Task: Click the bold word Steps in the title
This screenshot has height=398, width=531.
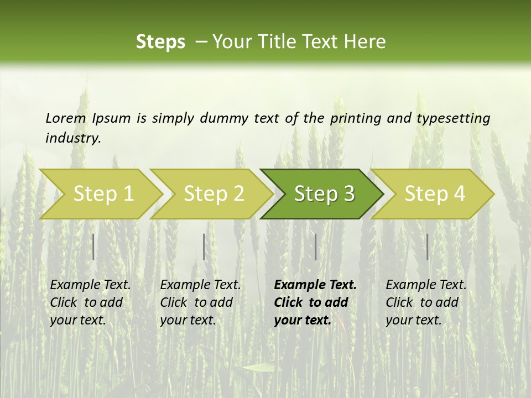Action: (160, 41)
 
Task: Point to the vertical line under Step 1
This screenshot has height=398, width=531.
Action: (93, 247)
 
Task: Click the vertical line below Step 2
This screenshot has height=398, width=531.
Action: (204, 247)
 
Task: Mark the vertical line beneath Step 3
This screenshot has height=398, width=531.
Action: (315, 247)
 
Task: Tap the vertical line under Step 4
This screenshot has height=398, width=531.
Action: (427, 247)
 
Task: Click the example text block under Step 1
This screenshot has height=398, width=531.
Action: (90, 302)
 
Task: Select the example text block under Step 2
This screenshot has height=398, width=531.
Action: (200, 302)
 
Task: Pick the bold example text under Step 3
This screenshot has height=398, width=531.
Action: (315, 302)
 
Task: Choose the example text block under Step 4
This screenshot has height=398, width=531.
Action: (425, 302)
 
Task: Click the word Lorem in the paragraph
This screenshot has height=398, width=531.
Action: (66, 118)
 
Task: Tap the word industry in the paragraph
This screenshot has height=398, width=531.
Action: (72, 138)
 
